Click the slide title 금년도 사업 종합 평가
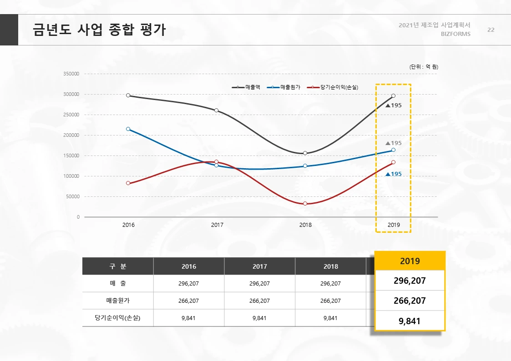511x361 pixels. coord(99,30)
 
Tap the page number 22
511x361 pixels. coord(491,30)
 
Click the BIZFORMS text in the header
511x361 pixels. coord(455,34)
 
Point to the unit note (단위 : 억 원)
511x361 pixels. coord(424,67)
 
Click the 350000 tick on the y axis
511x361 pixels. coord(72,74)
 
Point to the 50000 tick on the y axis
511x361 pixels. coord(73,197)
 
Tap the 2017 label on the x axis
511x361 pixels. coord(217,225)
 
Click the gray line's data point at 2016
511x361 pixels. coord(128,95)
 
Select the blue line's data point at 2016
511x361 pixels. coord(128,129)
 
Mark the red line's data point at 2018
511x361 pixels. coord(305,204)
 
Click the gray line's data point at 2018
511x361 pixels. coord(305,153)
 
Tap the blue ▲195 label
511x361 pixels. coord(394,174)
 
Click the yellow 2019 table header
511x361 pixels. coord(410,261)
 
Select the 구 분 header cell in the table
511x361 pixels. coord(118,266)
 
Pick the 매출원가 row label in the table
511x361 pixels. coord(118,301)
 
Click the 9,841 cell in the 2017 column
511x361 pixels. coord(259,318)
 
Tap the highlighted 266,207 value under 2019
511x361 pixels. coord(410,301)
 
